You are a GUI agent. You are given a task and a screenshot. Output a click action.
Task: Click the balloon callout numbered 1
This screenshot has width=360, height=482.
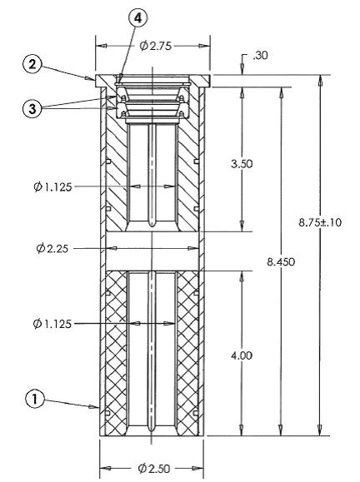34,400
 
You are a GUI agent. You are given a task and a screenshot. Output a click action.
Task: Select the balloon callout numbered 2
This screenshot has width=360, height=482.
32,65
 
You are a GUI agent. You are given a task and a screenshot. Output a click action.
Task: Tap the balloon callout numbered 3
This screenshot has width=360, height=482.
32,108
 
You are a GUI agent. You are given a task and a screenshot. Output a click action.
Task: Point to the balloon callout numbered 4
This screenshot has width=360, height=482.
137,18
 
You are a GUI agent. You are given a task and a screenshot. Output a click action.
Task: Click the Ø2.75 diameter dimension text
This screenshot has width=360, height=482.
155,46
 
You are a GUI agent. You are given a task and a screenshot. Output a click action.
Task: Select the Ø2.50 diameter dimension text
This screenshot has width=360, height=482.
154,469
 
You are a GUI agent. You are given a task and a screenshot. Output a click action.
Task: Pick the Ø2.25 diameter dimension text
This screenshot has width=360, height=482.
52,248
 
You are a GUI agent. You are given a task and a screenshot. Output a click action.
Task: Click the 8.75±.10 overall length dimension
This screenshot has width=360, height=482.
320,222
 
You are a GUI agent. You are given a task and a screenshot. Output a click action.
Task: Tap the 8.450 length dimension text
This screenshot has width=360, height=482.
281,262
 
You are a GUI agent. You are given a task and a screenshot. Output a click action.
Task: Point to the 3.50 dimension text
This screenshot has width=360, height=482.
242,163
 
